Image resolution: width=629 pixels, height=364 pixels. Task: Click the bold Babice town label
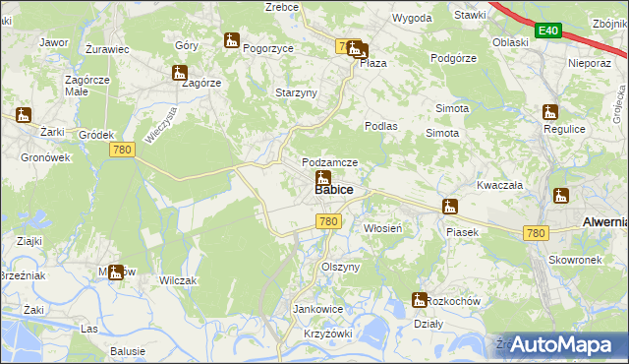[334, 189]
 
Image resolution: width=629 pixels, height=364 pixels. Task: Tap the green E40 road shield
[548, 31]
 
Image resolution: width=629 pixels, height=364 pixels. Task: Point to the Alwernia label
[604, 222]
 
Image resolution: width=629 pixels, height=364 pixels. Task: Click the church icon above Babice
[322, 178]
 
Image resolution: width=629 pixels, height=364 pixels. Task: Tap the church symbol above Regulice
[549, 112]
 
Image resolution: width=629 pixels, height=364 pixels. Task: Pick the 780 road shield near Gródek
[122, 150]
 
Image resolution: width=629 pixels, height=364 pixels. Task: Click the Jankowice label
[317, 309]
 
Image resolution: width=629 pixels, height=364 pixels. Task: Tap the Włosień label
[383, 227]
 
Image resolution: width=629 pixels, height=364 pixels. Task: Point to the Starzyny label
[295, 92]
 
